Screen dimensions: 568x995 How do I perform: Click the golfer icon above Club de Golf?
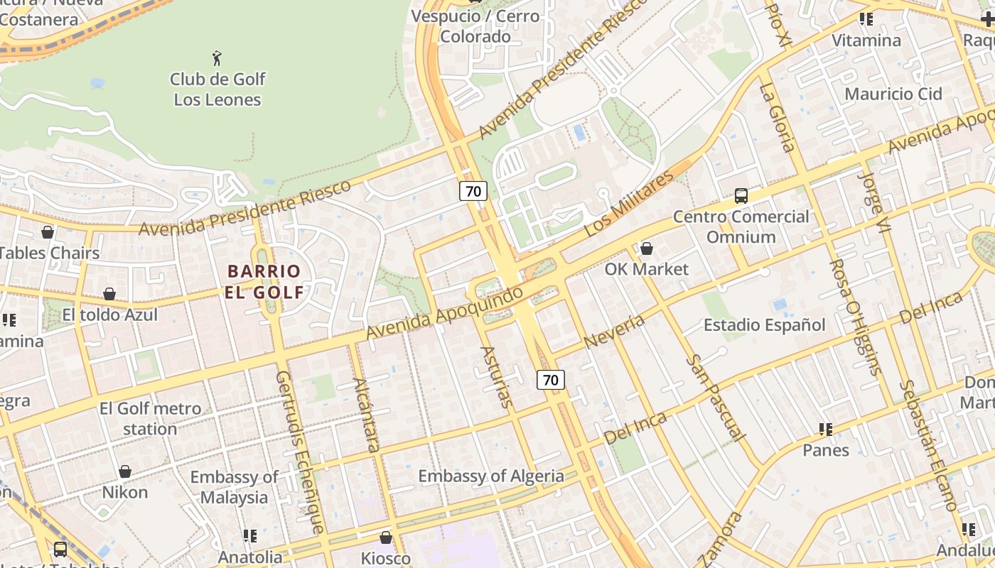pyautogui.click(x=217, y=58)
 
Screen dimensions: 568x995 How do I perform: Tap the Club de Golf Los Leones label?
pyautogui.click(x=217, y=89)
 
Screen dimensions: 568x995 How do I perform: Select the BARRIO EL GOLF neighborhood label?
pyautogui.click(x=264, y=281)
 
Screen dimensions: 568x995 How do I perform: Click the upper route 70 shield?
pyautogui.click(x=473, y=190)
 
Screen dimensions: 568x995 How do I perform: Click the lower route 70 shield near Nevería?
pyautogui.click(x=550, y=380)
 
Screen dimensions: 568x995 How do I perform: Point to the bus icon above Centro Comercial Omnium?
pyautogui.click(x=741, y=195)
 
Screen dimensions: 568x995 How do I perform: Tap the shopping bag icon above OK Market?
pyautogui.click(x=646, y=248)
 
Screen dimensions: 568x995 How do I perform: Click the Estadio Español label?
pyautogui.click(x=764, y=325)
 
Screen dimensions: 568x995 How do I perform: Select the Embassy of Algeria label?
pyautogui.click(x=490, y=476)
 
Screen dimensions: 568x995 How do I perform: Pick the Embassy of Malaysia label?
pyautogui.click(x=234, y=486)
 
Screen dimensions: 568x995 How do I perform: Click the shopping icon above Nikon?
pyautogui.click(x=125, y=471)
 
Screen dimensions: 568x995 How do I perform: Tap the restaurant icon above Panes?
pyautogui.click(x=825, y=430)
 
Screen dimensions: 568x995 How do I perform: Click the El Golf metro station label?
pyautogui.click(x=150, y=418)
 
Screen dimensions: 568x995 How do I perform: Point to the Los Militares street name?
pyautogui.click(x=628, y=204)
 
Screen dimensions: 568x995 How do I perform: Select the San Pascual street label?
pyautogui.click(x=716, y=398)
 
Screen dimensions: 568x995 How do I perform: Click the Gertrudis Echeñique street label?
pyautogui.click(x=301, y=451)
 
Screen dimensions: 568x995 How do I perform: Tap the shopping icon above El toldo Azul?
pyautogui.click(x=109, y=294)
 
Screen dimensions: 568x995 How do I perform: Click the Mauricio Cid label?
pyautogui.click(x=893, y=94)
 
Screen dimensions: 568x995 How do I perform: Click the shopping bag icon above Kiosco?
pyautogui.click(x=385, y=537)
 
